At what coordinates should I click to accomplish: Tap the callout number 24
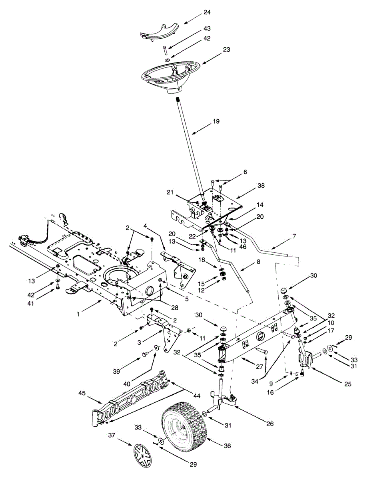tap(207, 12)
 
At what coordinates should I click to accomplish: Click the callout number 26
tap(270, 424)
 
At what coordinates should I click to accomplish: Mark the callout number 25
tap(348, 384)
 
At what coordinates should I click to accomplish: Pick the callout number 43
tap(207, 29)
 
